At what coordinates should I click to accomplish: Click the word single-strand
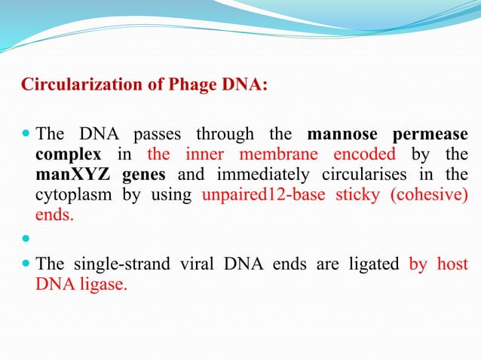(x=115, y=264)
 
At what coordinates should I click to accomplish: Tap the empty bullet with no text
(x=26, y=239)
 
